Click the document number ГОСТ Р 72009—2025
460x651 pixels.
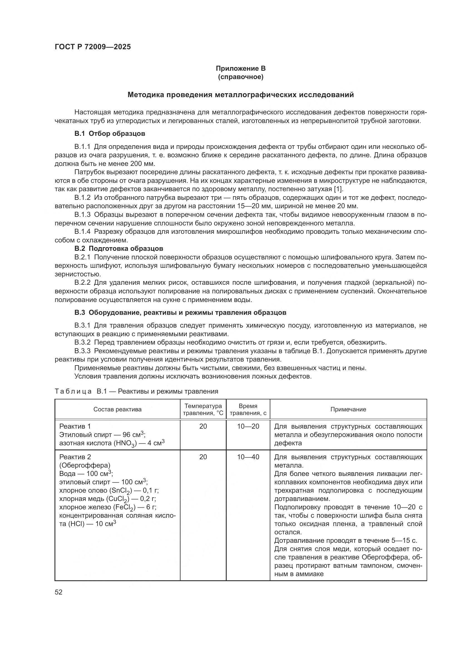(93, 47)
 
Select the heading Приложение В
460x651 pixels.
(241, 68)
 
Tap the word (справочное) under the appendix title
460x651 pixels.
(241, 77)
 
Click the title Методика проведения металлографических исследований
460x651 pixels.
(241, 95)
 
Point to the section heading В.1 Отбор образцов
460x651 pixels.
(110, 134)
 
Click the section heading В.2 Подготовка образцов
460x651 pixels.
(119, 249)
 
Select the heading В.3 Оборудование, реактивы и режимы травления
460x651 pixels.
(180, 313)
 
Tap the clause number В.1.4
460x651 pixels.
(82, 232)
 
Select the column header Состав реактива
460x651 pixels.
(117, 409)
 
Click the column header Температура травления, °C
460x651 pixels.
(203, 409)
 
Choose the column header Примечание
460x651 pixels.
(348, 409)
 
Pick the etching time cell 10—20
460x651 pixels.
(248, 426)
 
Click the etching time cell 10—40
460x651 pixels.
(248, 457)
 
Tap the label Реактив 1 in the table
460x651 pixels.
(75, 426)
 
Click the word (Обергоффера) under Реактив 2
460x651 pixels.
(85, 465)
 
